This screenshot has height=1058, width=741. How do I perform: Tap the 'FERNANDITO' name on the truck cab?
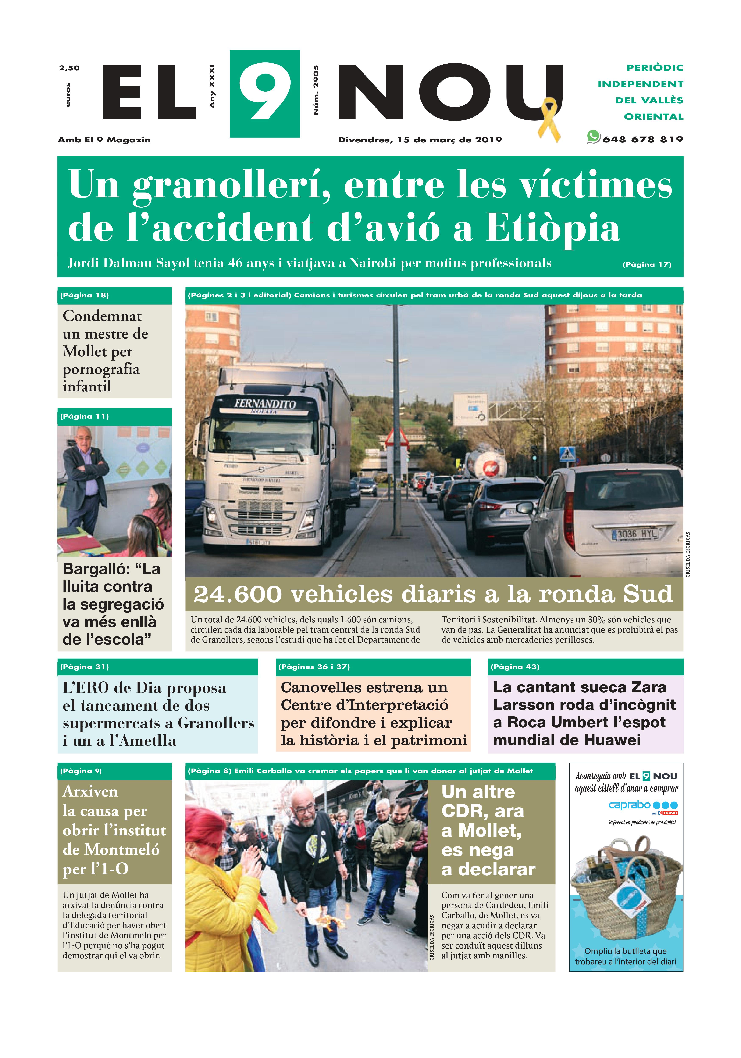click(x=265, y=404)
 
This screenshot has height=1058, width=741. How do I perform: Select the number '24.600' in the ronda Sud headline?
click(x=238, y=595)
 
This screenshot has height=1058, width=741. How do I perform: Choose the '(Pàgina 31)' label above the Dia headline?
click(x=84, y=667)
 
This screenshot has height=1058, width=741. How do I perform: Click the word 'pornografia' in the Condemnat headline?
click(x=101, y=369)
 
